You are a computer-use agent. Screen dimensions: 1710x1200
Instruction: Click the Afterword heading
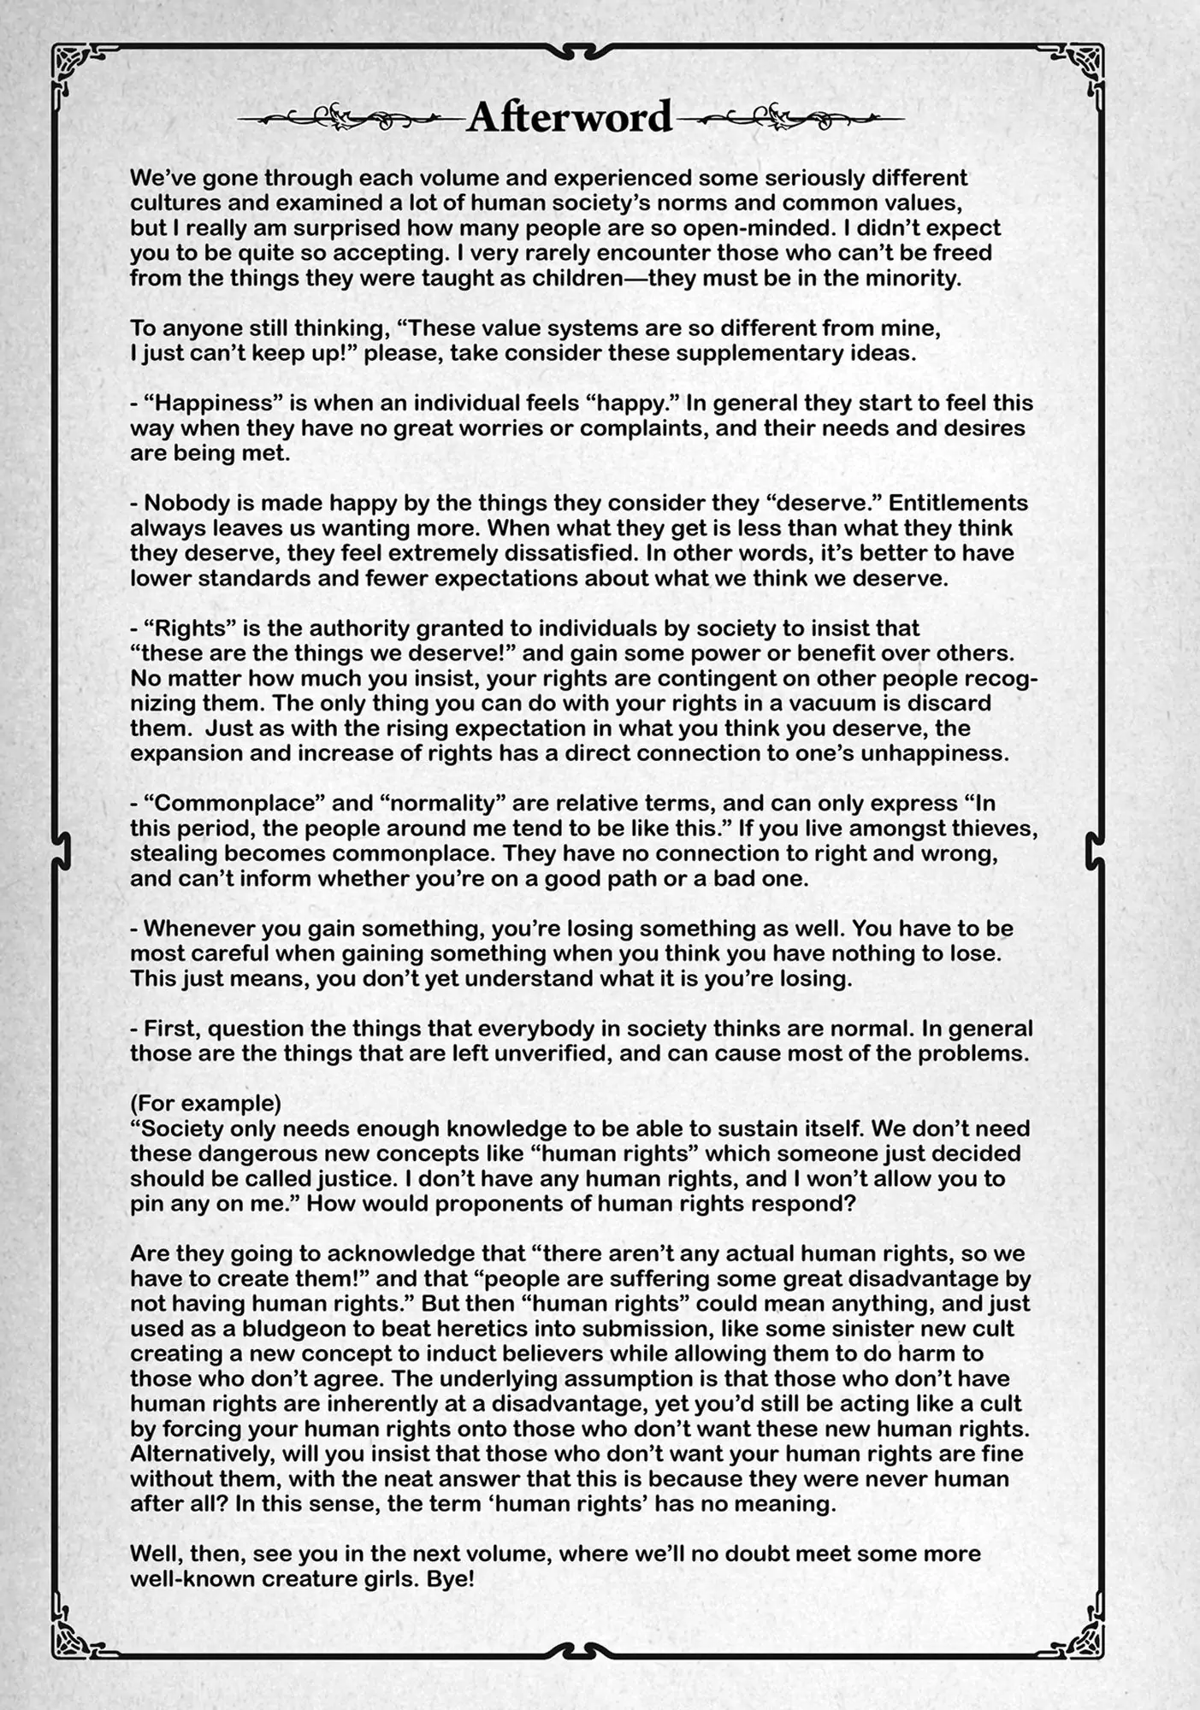point(570,116)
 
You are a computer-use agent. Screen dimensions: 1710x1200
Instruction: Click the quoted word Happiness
point(194,403)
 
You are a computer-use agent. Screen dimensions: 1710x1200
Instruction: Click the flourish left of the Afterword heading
point(351,117)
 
